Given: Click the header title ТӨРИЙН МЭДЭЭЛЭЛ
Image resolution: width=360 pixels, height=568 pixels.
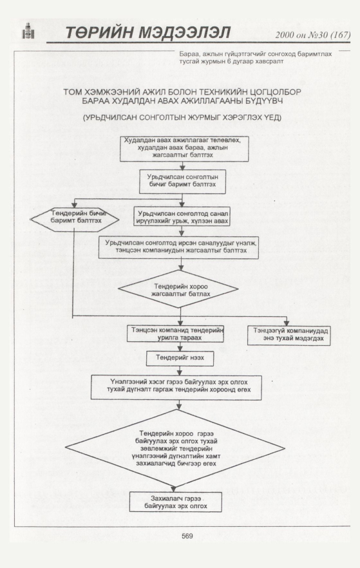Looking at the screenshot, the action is pyautogui.click(x=147, y=33).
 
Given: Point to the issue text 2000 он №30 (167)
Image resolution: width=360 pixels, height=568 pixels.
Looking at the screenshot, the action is pyautogui.click(x=312, y=35).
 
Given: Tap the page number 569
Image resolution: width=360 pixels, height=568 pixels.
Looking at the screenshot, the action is pyautogui.click(x=187, y=536).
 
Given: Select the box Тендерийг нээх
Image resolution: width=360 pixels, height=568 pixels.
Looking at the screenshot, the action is pyautogui.click(x=180, y=358).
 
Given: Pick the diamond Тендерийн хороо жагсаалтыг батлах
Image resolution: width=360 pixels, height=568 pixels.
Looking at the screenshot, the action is pyautogui.click(x=178, y=289).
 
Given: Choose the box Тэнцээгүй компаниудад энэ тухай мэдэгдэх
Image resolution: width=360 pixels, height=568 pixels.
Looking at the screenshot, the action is pyautogui.click(x=289, y=336).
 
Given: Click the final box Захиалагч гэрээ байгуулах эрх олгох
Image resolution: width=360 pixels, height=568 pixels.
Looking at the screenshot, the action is pyautogui.click(x=176, y=502).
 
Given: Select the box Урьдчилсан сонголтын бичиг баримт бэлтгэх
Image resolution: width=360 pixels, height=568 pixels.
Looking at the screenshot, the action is pyautogui.click(x=182, y=182).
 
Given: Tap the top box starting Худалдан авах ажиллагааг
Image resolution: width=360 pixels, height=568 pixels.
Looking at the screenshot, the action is pyautogui.click(x=184, y=149).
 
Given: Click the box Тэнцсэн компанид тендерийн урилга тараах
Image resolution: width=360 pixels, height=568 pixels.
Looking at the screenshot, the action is pyautogui.click(x=175, y=334).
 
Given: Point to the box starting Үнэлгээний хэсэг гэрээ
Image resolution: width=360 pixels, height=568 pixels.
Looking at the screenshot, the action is pyautogui.click(x=176, y=388).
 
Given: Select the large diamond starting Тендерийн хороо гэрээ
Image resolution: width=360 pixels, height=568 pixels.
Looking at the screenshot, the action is pyautogui.click(x=175, y=448).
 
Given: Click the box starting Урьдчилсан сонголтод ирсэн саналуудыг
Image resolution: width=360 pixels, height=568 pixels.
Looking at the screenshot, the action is pyautogui.click(x=178, y=247).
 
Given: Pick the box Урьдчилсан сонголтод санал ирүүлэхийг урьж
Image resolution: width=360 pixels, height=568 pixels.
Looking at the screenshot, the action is pyautogui.click(x=182, y=216).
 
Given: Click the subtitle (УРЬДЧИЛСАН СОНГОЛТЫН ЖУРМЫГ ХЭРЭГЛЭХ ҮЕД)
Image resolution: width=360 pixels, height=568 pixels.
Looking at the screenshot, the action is pyautogui.click(x=182, y=118).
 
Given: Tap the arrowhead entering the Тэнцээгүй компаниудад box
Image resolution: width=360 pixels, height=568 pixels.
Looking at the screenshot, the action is pyautogui.click(x=286, y=323).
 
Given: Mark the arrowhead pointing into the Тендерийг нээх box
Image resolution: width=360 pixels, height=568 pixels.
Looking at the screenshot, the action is pyautogui.click(x=180, y=348).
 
